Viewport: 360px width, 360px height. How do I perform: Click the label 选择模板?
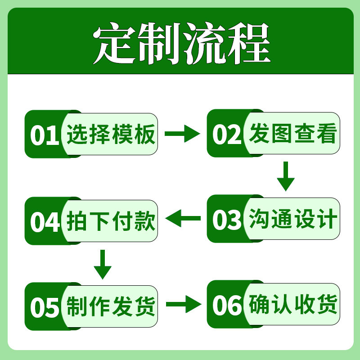(111, 135)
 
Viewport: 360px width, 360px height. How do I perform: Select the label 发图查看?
(293, 135)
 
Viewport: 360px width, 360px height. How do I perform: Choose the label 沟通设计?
(293, 220)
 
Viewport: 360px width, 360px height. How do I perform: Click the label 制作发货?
(111, 306)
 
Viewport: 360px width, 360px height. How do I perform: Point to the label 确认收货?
(293, 306)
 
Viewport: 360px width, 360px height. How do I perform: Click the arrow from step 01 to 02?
(182, 134)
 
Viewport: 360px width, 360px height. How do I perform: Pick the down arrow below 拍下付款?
(103, 264)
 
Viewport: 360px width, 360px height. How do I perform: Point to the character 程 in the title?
(247, 44)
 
